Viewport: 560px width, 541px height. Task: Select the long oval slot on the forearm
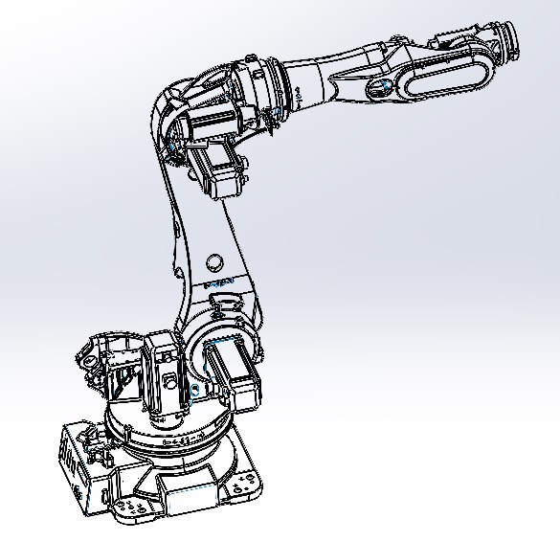click(441, 80)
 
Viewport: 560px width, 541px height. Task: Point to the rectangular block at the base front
click(187, 492)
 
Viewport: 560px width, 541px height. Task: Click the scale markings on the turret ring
click(182, 440)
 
